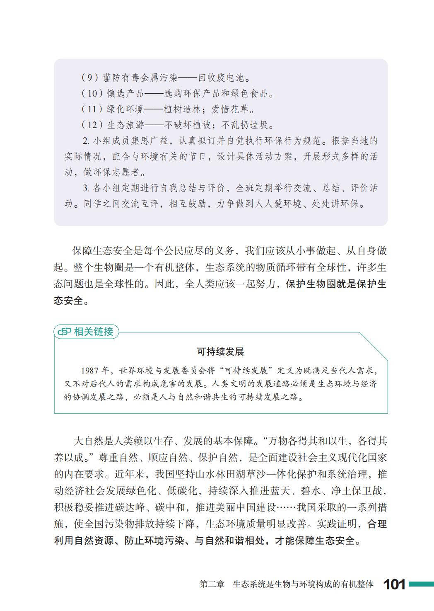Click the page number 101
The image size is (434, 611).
(x=394, y=584)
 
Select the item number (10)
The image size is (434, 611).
(x=92, y=93)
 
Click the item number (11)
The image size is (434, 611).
(x=92, y=109)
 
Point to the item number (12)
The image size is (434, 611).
(x=92, y=125)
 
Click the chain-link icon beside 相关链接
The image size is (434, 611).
(x=64, y=332)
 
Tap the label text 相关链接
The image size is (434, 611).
(x=94, y=332)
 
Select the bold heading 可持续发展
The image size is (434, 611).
(x=221, y=352)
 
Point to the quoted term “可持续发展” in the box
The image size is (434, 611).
(x=248, y=370)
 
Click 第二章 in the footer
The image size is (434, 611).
(x=212, y=584)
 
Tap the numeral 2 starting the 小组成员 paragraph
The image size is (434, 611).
(x=85, y=141)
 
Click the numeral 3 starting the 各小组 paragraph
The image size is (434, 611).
(x=85, y=188)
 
